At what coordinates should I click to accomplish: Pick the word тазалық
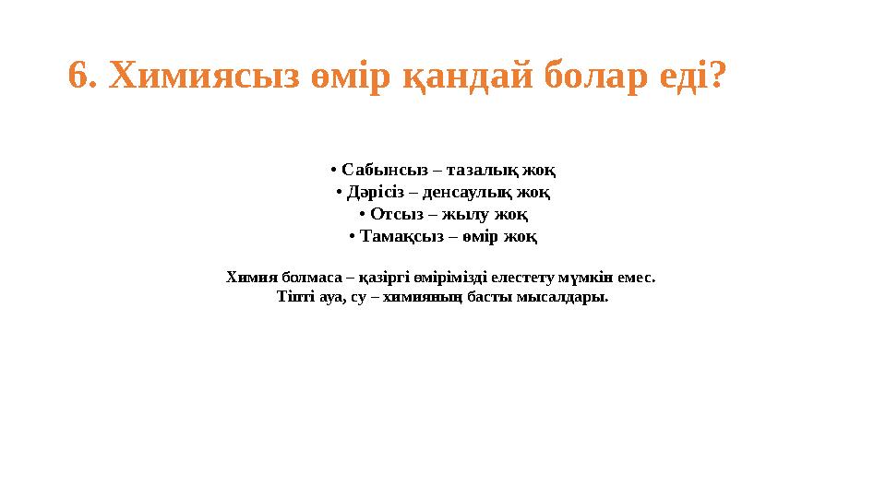pyautogui.click(x=485, y=170)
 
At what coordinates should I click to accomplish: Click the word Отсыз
pyautogui.click(x=396, y=214)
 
